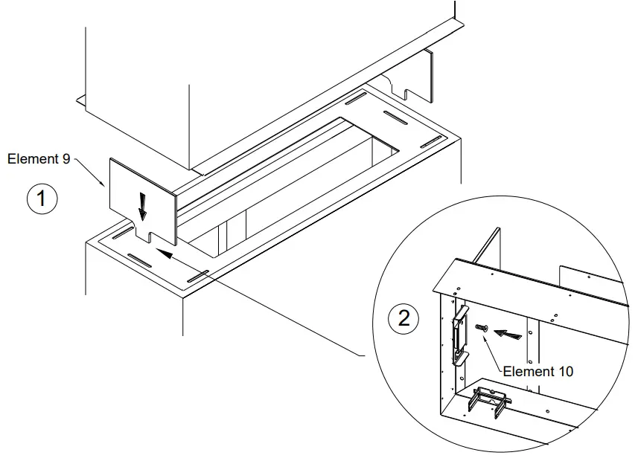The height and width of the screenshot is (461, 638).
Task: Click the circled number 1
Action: click(42, 200)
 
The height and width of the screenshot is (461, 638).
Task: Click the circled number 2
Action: click(403, 319)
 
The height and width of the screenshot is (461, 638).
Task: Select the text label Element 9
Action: click(38, 158)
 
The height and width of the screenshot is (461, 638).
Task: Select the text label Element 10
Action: click(537, 371)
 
